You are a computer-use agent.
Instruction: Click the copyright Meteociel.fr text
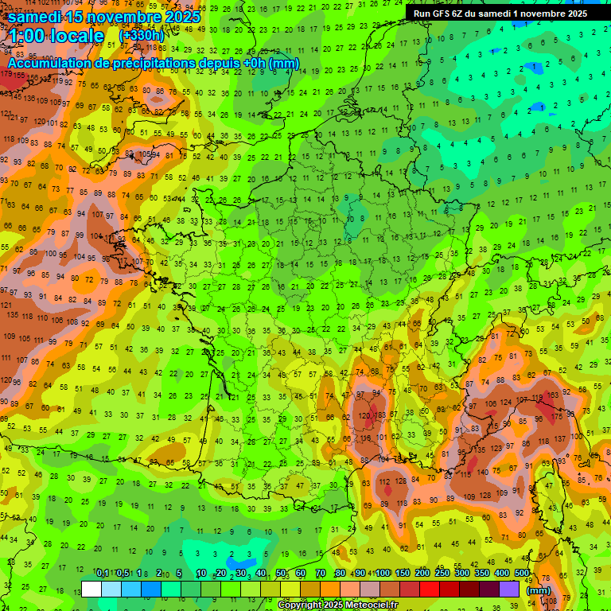[x=337, y=605]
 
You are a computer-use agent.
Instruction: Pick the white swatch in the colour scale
[x=91, y=590]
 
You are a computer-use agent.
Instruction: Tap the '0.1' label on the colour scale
[x=103, y=574]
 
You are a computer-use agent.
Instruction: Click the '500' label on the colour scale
[x=522, y=574]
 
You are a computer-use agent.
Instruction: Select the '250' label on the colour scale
[x=442, y=574]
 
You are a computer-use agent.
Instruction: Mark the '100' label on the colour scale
[x=383, y=574]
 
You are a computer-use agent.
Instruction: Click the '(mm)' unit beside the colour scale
[x=539, y=590]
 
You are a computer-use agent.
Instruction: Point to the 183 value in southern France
[x=381, y=415]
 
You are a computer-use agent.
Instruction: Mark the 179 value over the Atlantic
[x=7, y=73]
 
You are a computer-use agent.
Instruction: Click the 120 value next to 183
[x=364, y=415]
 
